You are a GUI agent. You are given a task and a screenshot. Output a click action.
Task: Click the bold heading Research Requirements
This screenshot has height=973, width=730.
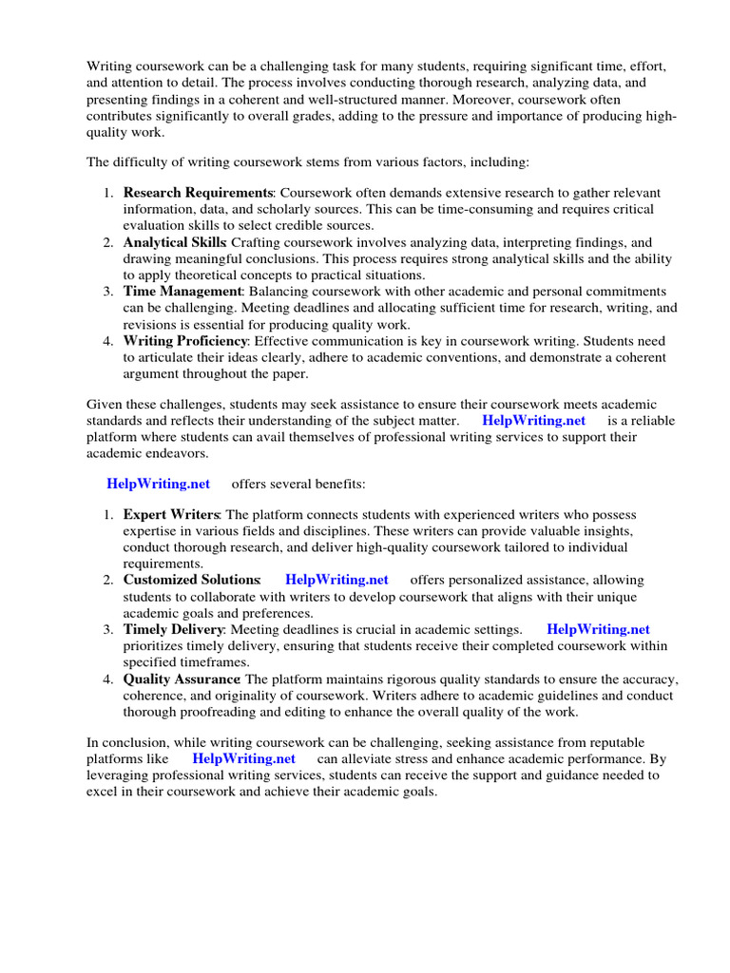point(198,194)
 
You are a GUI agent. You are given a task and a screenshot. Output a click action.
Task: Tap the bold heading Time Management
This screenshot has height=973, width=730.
point(183,292)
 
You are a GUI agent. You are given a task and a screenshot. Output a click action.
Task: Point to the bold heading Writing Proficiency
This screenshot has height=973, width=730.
point(185,341)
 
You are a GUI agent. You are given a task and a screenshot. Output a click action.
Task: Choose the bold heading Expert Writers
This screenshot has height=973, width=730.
point(171,514)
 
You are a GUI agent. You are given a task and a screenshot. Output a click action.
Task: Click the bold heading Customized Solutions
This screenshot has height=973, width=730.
point(192,580)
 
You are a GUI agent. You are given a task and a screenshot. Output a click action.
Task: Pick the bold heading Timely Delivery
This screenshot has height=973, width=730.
point(173,629)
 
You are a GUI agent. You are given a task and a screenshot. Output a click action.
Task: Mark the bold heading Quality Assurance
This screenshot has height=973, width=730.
point(182,679)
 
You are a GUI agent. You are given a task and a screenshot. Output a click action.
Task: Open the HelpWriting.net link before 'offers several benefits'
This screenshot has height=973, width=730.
point(159,484)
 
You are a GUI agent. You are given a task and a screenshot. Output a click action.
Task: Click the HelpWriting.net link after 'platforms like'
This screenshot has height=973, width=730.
point(243,758)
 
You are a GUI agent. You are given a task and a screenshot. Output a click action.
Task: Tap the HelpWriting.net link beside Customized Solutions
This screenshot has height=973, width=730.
point(336,580)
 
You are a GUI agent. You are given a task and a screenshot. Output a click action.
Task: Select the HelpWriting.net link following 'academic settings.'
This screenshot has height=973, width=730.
point(599,629)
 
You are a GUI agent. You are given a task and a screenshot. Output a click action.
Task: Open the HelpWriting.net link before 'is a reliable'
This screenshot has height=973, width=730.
point(534,420)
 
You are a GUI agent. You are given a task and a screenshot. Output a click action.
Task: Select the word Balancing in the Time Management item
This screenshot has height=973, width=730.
point(279,292)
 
